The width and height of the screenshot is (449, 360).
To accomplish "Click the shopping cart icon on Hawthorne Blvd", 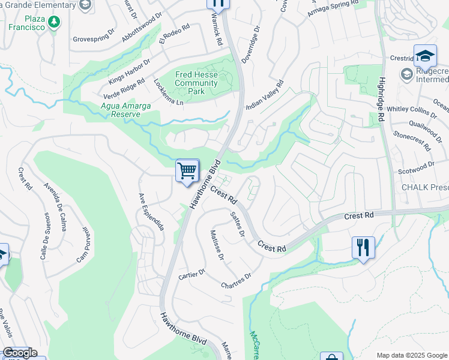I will [x=187, y=171].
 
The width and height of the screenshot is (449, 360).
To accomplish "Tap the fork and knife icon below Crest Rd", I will [x=363, y=247].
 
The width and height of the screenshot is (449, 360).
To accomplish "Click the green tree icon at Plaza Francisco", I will [x=55, y=22].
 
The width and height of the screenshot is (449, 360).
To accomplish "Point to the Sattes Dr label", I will [x=238, y=223].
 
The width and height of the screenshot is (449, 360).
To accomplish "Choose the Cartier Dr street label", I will [x=192, y=274].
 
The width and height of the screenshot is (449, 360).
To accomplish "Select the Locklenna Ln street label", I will [x=168, y=92].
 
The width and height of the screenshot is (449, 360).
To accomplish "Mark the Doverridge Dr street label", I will [x=251, y=44].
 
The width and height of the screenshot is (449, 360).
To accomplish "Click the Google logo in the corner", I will [x=19, y=353].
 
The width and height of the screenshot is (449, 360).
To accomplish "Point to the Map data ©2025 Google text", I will [x=411, y=355].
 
